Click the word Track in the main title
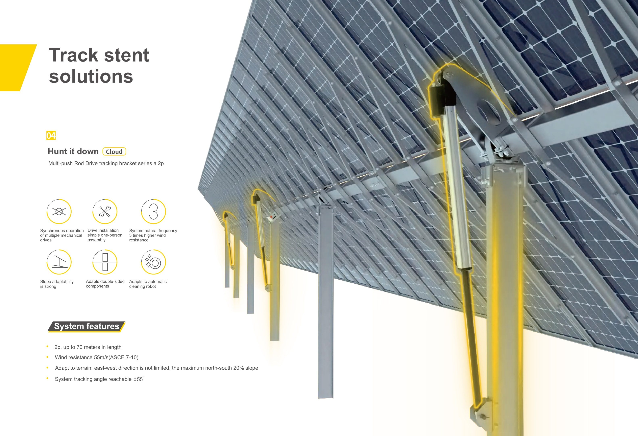(74, 55)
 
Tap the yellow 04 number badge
(51, 135)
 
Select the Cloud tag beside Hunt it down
(114, 152)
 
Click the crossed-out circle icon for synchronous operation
(59, 211)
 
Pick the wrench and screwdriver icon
(105, 211)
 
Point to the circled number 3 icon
(153, 211)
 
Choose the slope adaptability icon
(59, 262)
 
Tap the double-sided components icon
(105, 262)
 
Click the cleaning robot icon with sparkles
(153, 262)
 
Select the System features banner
(87, 326)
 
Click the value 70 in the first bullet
(79, 347)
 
